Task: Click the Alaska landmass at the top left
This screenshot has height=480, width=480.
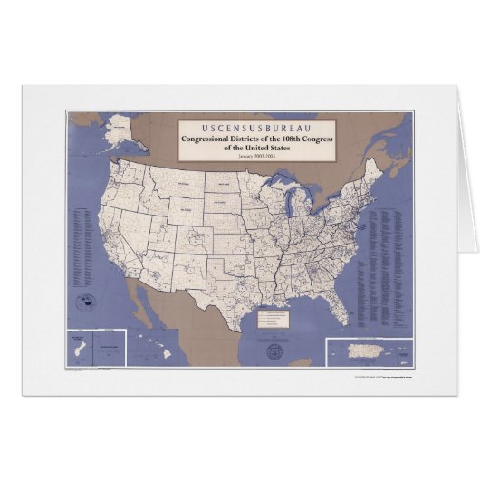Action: click(117, 130)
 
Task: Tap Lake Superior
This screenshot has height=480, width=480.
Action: click(275, 187)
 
